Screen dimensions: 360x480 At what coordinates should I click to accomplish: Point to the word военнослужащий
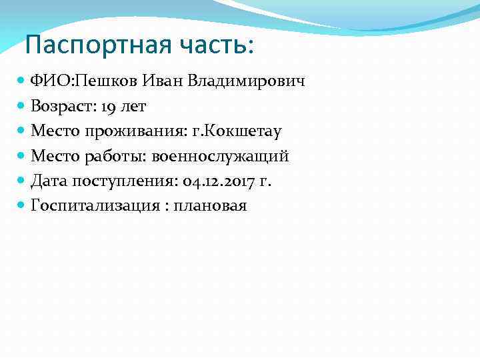[221, 156]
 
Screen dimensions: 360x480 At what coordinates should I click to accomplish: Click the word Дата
[49, 181]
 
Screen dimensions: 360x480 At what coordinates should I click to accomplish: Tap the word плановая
[210, 205]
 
